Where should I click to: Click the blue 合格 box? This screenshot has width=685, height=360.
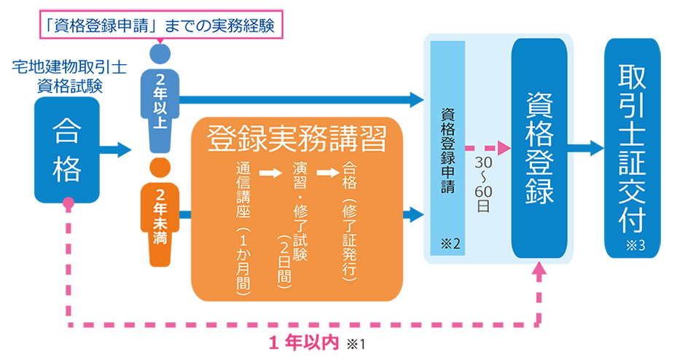point(66,150)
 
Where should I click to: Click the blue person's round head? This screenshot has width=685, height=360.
point(159,53)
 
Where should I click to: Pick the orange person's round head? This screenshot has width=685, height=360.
point(159,167)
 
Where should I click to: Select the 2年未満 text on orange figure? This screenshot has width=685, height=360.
point(159,216)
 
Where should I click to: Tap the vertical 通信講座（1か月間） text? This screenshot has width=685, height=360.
point(243,226)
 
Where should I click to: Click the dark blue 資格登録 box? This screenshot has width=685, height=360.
point(539,149)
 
